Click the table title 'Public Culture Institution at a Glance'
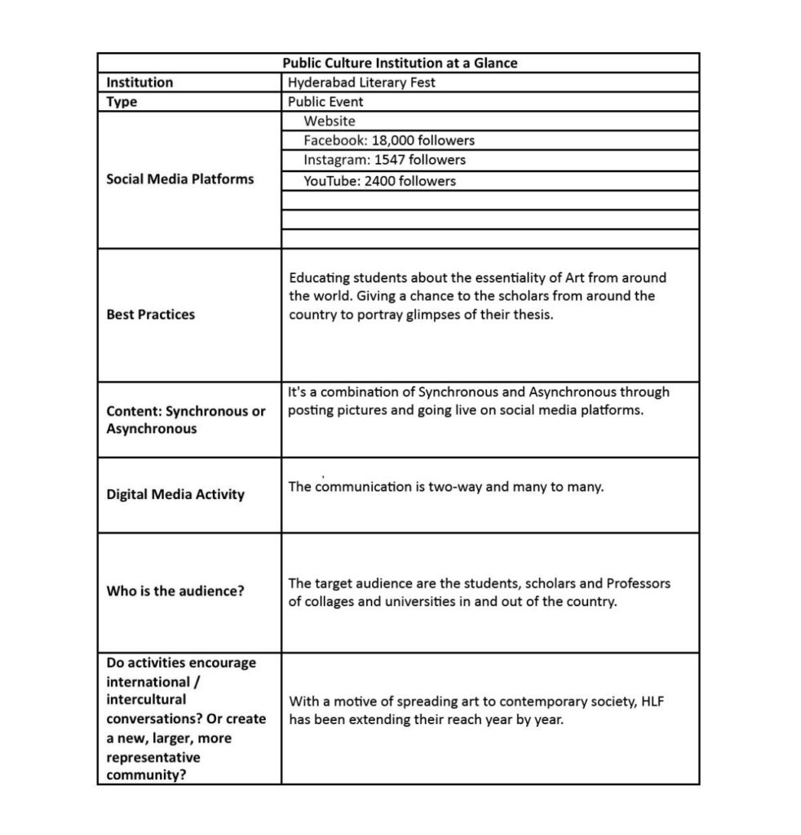[400, 63]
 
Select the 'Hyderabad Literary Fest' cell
[361, 82]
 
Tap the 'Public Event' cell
[325, 102]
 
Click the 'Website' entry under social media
[330, 121]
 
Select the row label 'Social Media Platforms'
[179, 179]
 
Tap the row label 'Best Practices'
[150, 315]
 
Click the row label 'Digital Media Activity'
[175, 494]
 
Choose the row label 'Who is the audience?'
[175, 590]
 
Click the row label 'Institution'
[139, 82]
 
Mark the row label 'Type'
[122, 102]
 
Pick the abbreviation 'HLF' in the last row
[651, 701]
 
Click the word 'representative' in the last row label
[153, 758]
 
